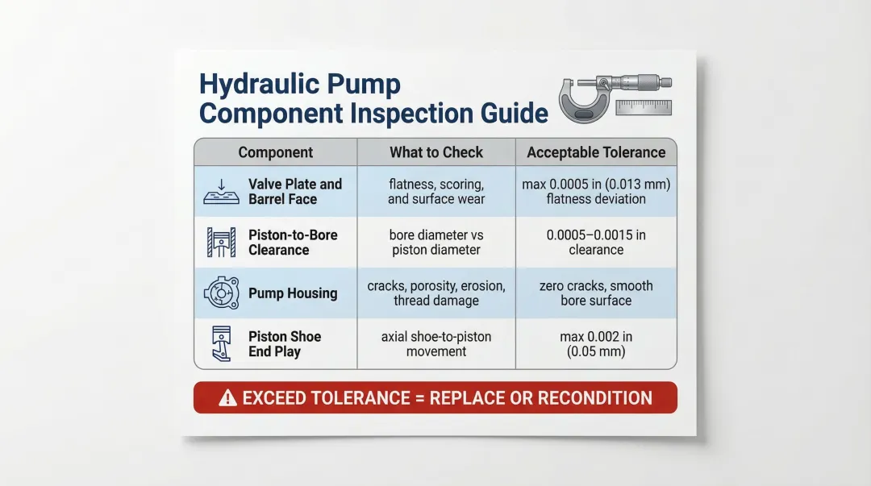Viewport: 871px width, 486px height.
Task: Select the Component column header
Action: coord(275,152)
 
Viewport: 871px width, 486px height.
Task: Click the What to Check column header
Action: coord(435,152)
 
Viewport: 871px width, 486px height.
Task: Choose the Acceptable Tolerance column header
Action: coord(596,152)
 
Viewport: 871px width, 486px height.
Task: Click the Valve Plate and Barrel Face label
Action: coord(294,192)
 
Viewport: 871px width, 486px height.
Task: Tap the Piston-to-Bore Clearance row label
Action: coord(293,243)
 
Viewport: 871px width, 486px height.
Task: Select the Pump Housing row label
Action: coord(293,293)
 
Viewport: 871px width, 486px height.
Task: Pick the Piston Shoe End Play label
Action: coord(285,344)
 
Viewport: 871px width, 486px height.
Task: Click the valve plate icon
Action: coord(221,192)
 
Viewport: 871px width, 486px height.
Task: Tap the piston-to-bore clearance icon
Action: coord(221,243)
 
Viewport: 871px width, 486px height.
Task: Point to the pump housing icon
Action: coord(221,293)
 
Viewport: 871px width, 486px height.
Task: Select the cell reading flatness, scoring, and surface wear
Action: coord(435,192)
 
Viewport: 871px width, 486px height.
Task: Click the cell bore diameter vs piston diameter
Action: coord(435,243)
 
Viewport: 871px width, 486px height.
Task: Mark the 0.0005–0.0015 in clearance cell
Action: coord(596,243)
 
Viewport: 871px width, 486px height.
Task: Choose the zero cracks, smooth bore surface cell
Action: coord(596,293)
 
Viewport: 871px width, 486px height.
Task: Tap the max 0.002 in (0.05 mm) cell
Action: coord(596,344)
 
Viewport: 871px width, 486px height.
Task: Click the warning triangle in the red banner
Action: coord(228,398)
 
